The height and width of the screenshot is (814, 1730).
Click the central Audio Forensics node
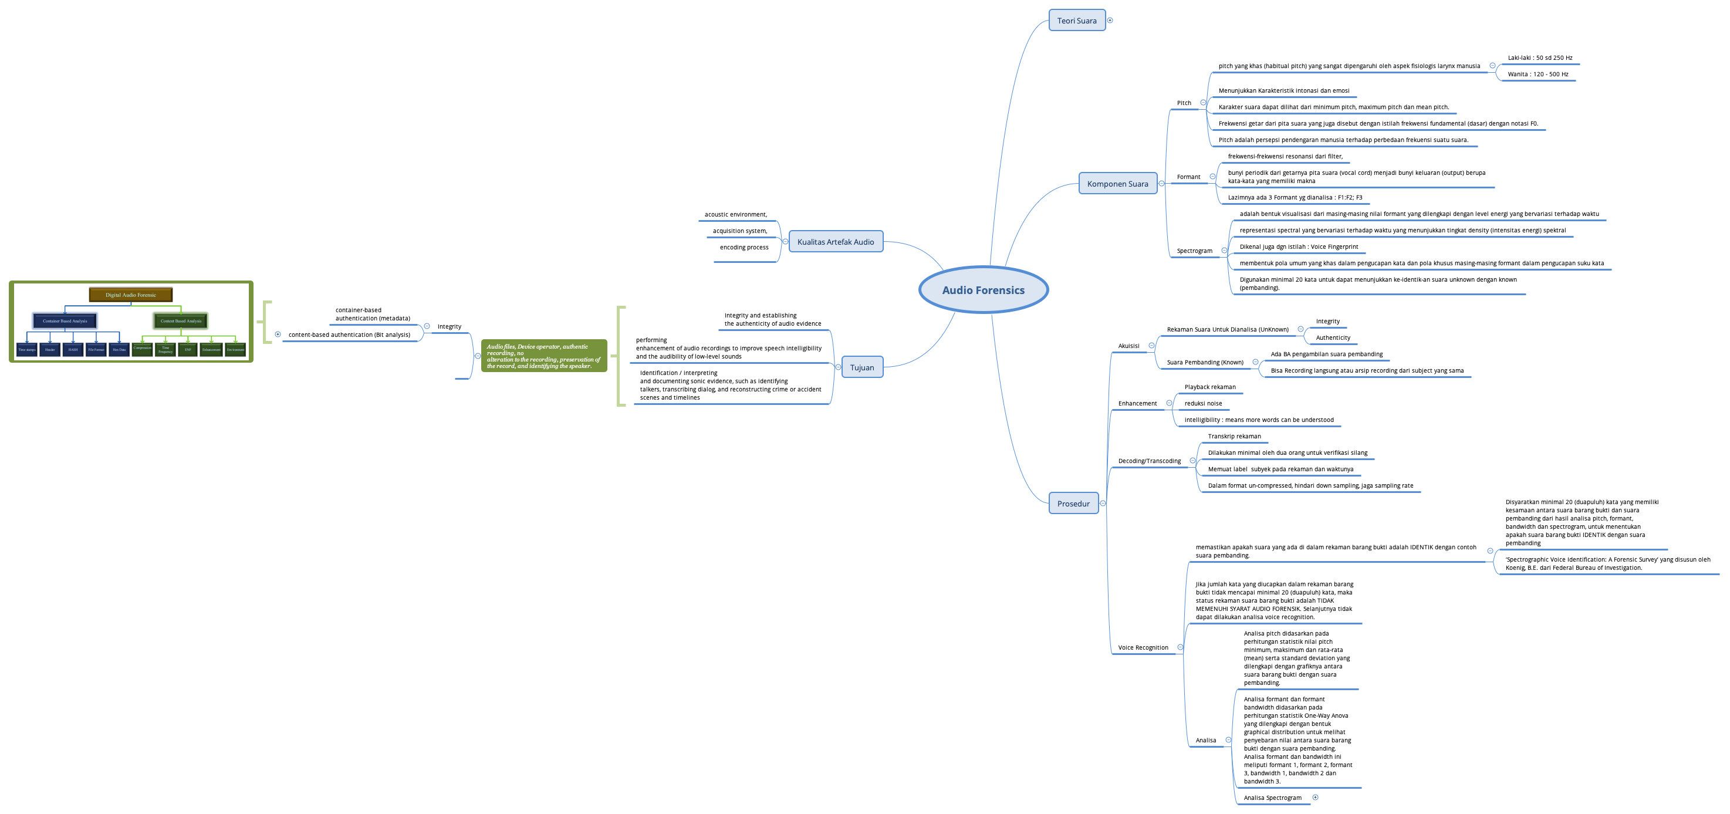[x=983, y=290]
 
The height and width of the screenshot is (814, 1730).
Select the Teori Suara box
[x=1076, y=21]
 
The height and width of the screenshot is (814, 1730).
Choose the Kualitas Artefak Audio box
[x=836, y=242]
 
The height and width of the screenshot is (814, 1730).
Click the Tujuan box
[x=861, y=367]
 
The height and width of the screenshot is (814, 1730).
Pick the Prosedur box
[x=1073, y=504]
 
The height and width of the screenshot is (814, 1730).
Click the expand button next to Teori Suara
[x=1110, y=20]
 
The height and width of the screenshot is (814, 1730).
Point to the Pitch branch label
[x=1184, y=103]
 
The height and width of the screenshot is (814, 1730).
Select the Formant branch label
[x=1188, y=177]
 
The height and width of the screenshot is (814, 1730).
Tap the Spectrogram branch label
[x=1194, y=251]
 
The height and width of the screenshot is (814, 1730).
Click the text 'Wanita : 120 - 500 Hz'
[x=1538, y=75]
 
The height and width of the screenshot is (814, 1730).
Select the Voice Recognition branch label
[x=1143, y=648]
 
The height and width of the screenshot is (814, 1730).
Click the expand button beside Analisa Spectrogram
[x=1316, y=797]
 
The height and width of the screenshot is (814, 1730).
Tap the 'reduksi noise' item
[x=1203, y=404]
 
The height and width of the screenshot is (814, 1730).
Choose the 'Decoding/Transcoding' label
[x=1149, y=461]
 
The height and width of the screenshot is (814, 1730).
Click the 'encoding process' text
[x=744, y=248]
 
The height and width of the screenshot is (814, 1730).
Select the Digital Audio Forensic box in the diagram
[x=130, y=295]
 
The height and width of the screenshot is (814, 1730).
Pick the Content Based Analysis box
[x=181, y=321]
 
